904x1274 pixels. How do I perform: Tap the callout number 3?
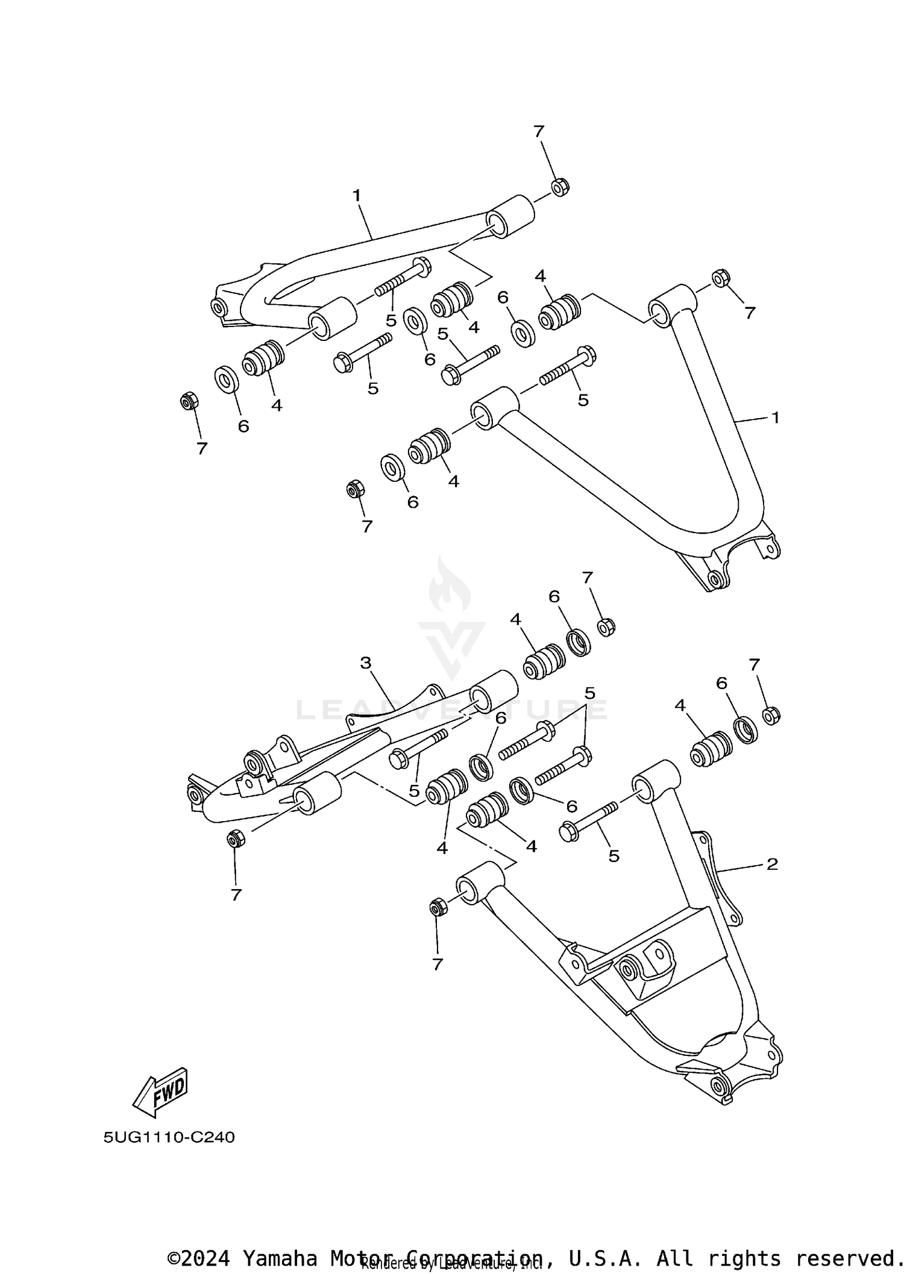(366, 663)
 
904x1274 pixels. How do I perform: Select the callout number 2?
(772, 864)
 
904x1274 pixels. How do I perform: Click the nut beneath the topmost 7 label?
(560, 187)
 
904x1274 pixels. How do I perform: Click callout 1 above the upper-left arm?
(357, 195)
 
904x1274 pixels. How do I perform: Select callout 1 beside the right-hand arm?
(776, 417)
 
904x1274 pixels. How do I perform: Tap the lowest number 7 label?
(438, 964)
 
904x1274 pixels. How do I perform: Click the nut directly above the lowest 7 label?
(438, 907)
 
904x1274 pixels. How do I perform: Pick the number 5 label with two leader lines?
(589, 693)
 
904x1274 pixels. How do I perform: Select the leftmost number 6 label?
(243, 426)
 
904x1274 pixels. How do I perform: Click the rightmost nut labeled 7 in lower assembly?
(771, 716)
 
